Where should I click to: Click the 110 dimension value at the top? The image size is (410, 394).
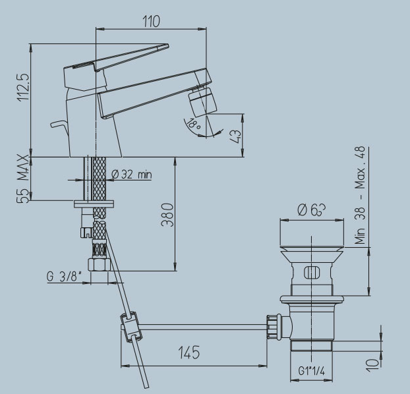click(151, 22)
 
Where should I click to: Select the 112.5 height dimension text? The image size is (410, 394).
click(23, 87)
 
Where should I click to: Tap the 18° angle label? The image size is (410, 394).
click(194, 123)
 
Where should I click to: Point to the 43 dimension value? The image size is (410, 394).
click(235, 136)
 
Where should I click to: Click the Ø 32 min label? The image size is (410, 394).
click(132, 175)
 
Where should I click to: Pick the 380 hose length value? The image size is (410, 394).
click(167, 215)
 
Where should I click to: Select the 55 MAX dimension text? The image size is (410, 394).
click(23, 179)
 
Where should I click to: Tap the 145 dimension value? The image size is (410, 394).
click(189, 352)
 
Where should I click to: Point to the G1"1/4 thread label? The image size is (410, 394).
click(311, 371)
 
